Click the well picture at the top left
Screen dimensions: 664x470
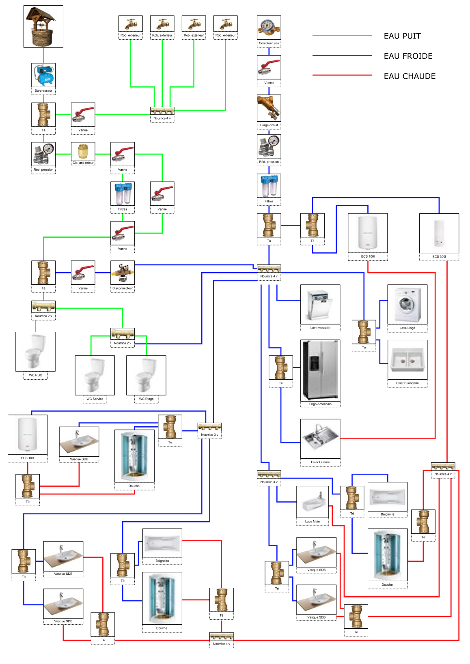point(43,26)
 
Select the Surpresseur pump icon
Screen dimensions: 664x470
point(43,75)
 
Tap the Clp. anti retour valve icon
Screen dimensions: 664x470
point(83,151)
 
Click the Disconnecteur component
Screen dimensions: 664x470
point(123,273)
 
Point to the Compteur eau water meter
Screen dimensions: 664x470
point(269,28)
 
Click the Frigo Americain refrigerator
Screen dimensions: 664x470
point(320,370)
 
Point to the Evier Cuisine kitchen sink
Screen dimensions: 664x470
point(320,438)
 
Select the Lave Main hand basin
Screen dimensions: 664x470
point(312,502)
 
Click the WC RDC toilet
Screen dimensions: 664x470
point(35,351)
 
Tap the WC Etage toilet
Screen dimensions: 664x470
point(146,375)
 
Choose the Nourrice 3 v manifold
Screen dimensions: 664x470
point(209,427)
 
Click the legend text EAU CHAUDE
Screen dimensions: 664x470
point(410,76)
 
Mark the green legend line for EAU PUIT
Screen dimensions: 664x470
point(342,36)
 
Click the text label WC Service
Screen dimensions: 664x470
point(95,399)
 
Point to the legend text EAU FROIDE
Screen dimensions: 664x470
point(408,56)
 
